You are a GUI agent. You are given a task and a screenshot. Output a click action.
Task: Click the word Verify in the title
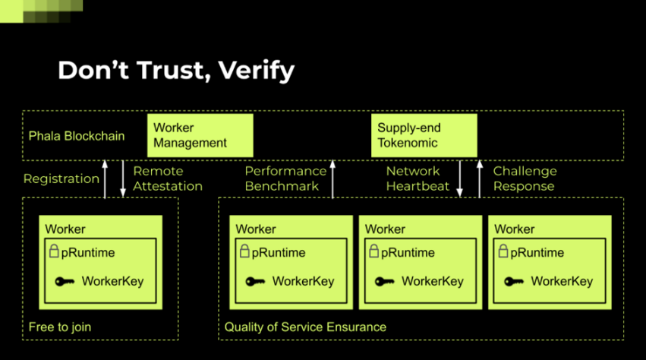point(257,71)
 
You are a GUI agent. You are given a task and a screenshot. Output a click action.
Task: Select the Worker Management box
point(200,135)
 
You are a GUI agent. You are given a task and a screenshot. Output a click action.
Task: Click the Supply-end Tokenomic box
point(424,135)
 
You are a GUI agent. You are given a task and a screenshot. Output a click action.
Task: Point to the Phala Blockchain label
point(77,136)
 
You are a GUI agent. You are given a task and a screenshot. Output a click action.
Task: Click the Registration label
point(61,179)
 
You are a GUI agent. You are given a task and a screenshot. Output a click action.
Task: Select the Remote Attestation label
point(168,179)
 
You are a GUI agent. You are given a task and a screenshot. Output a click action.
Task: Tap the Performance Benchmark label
point(285,179)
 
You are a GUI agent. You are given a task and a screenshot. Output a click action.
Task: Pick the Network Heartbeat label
point(418,179)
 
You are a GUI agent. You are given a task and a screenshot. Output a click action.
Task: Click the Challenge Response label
point(525,179)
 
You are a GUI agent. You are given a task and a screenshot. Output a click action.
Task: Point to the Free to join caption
point(60,327)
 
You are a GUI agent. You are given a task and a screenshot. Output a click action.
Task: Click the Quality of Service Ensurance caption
point(305,327)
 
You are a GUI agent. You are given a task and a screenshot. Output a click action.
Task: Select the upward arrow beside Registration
point(106,179)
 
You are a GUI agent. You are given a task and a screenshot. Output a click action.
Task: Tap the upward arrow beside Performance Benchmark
point(332,179)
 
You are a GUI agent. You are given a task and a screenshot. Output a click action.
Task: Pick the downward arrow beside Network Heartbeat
point(461,179)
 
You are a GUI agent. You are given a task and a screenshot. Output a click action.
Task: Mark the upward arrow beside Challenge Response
point(480,179)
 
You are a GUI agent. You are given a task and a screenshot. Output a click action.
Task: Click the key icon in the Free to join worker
point(65,282)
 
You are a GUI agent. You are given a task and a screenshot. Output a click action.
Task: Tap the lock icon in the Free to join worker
point(54,251)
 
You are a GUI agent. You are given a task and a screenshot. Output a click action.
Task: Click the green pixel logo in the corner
point(42,11)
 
